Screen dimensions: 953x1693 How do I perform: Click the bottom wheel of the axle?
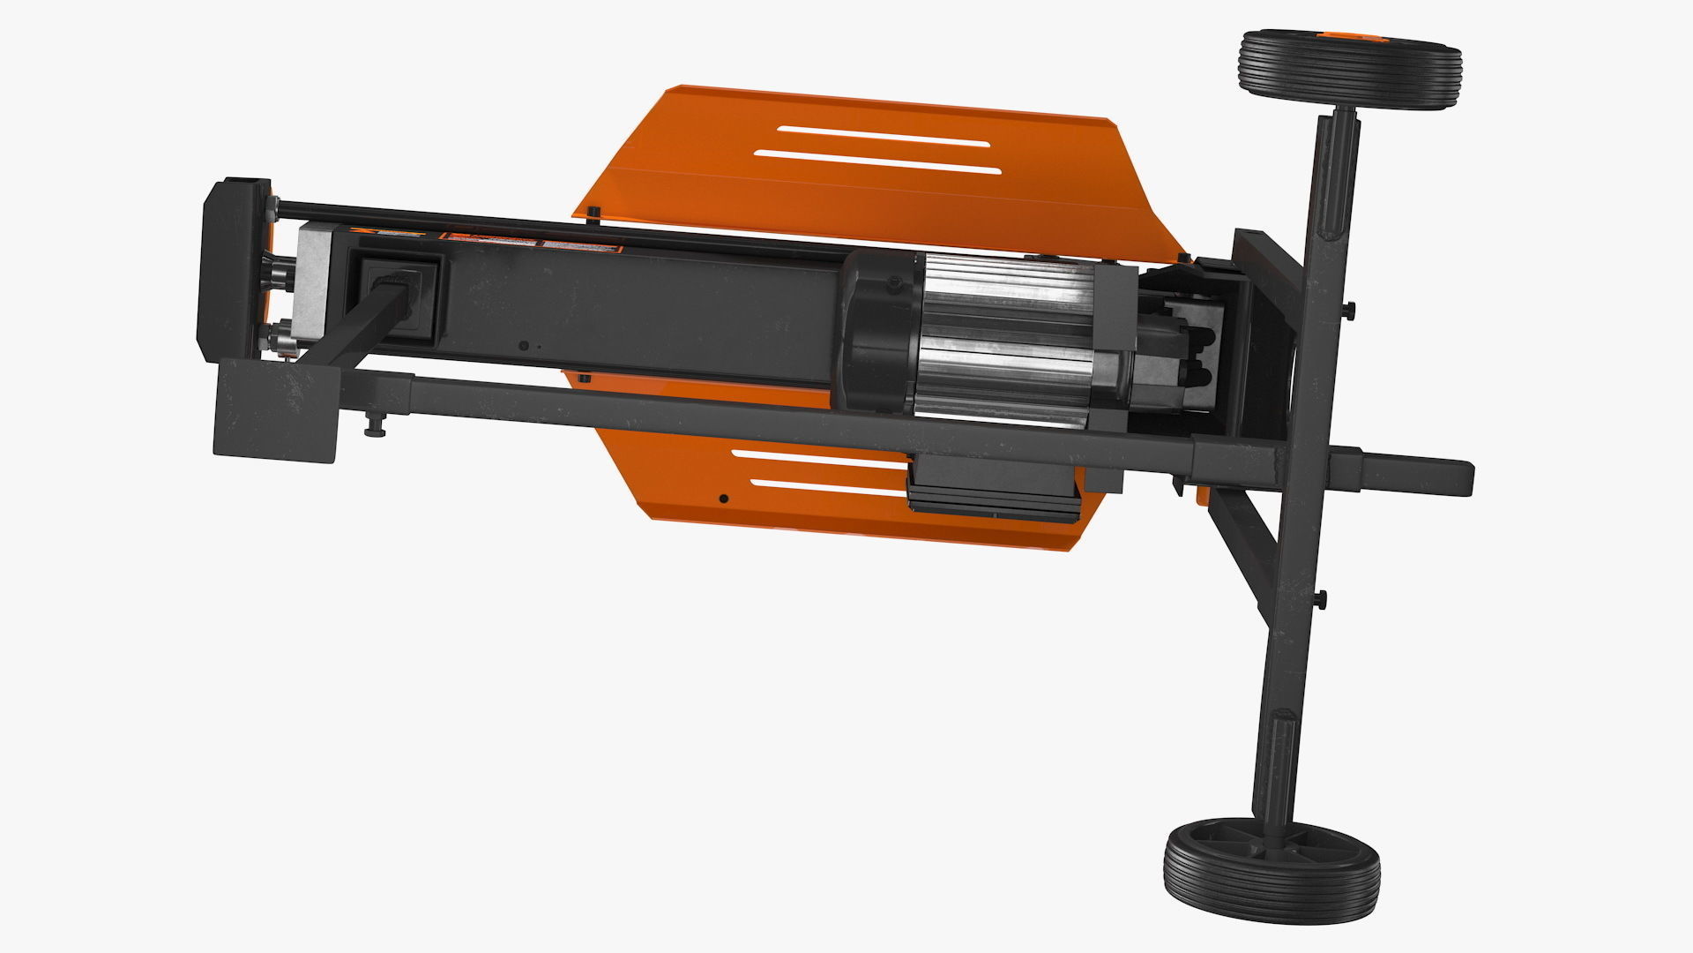(1271, 873)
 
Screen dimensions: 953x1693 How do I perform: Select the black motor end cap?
(877, 331)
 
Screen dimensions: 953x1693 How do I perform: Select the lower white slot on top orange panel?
(877, 162)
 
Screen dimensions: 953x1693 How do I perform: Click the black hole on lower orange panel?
(723, 499)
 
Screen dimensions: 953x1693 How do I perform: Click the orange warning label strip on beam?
(489, 239)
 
